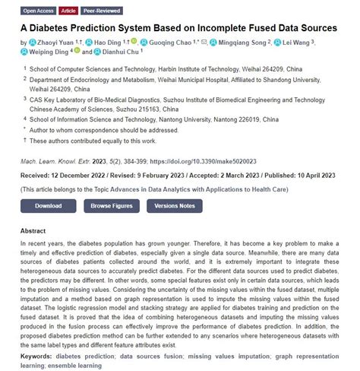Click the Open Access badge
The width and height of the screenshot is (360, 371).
click(x=38, y=11)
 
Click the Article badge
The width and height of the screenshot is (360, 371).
click(x=68, y=11)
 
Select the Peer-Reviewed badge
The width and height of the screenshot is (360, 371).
click(x=101, y=11)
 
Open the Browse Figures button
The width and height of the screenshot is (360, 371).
click(x=111, y=206)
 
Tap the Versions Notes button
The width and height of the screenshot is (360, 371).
click(x=175, y=206)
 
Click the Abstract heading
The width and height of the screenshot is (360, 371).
click(x=33, y=230)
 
